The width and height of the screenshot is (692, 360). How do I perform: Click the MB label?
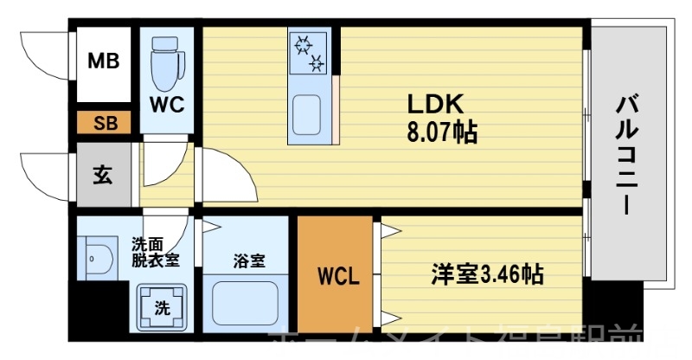click(104, 62)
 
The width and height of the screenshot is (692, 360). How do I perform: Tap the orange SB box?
click(104, 123)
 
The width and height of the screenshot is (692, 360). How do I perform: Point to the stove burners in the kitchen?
click(309, 51)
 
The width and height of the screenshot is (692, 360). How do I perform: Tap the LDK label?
click(437, 104)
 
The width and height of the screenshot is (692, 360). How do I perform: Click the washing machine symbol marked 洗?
click(161, 305)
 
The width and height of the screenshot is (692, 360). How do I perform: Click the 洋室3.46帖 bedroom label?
click(488, 276)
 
